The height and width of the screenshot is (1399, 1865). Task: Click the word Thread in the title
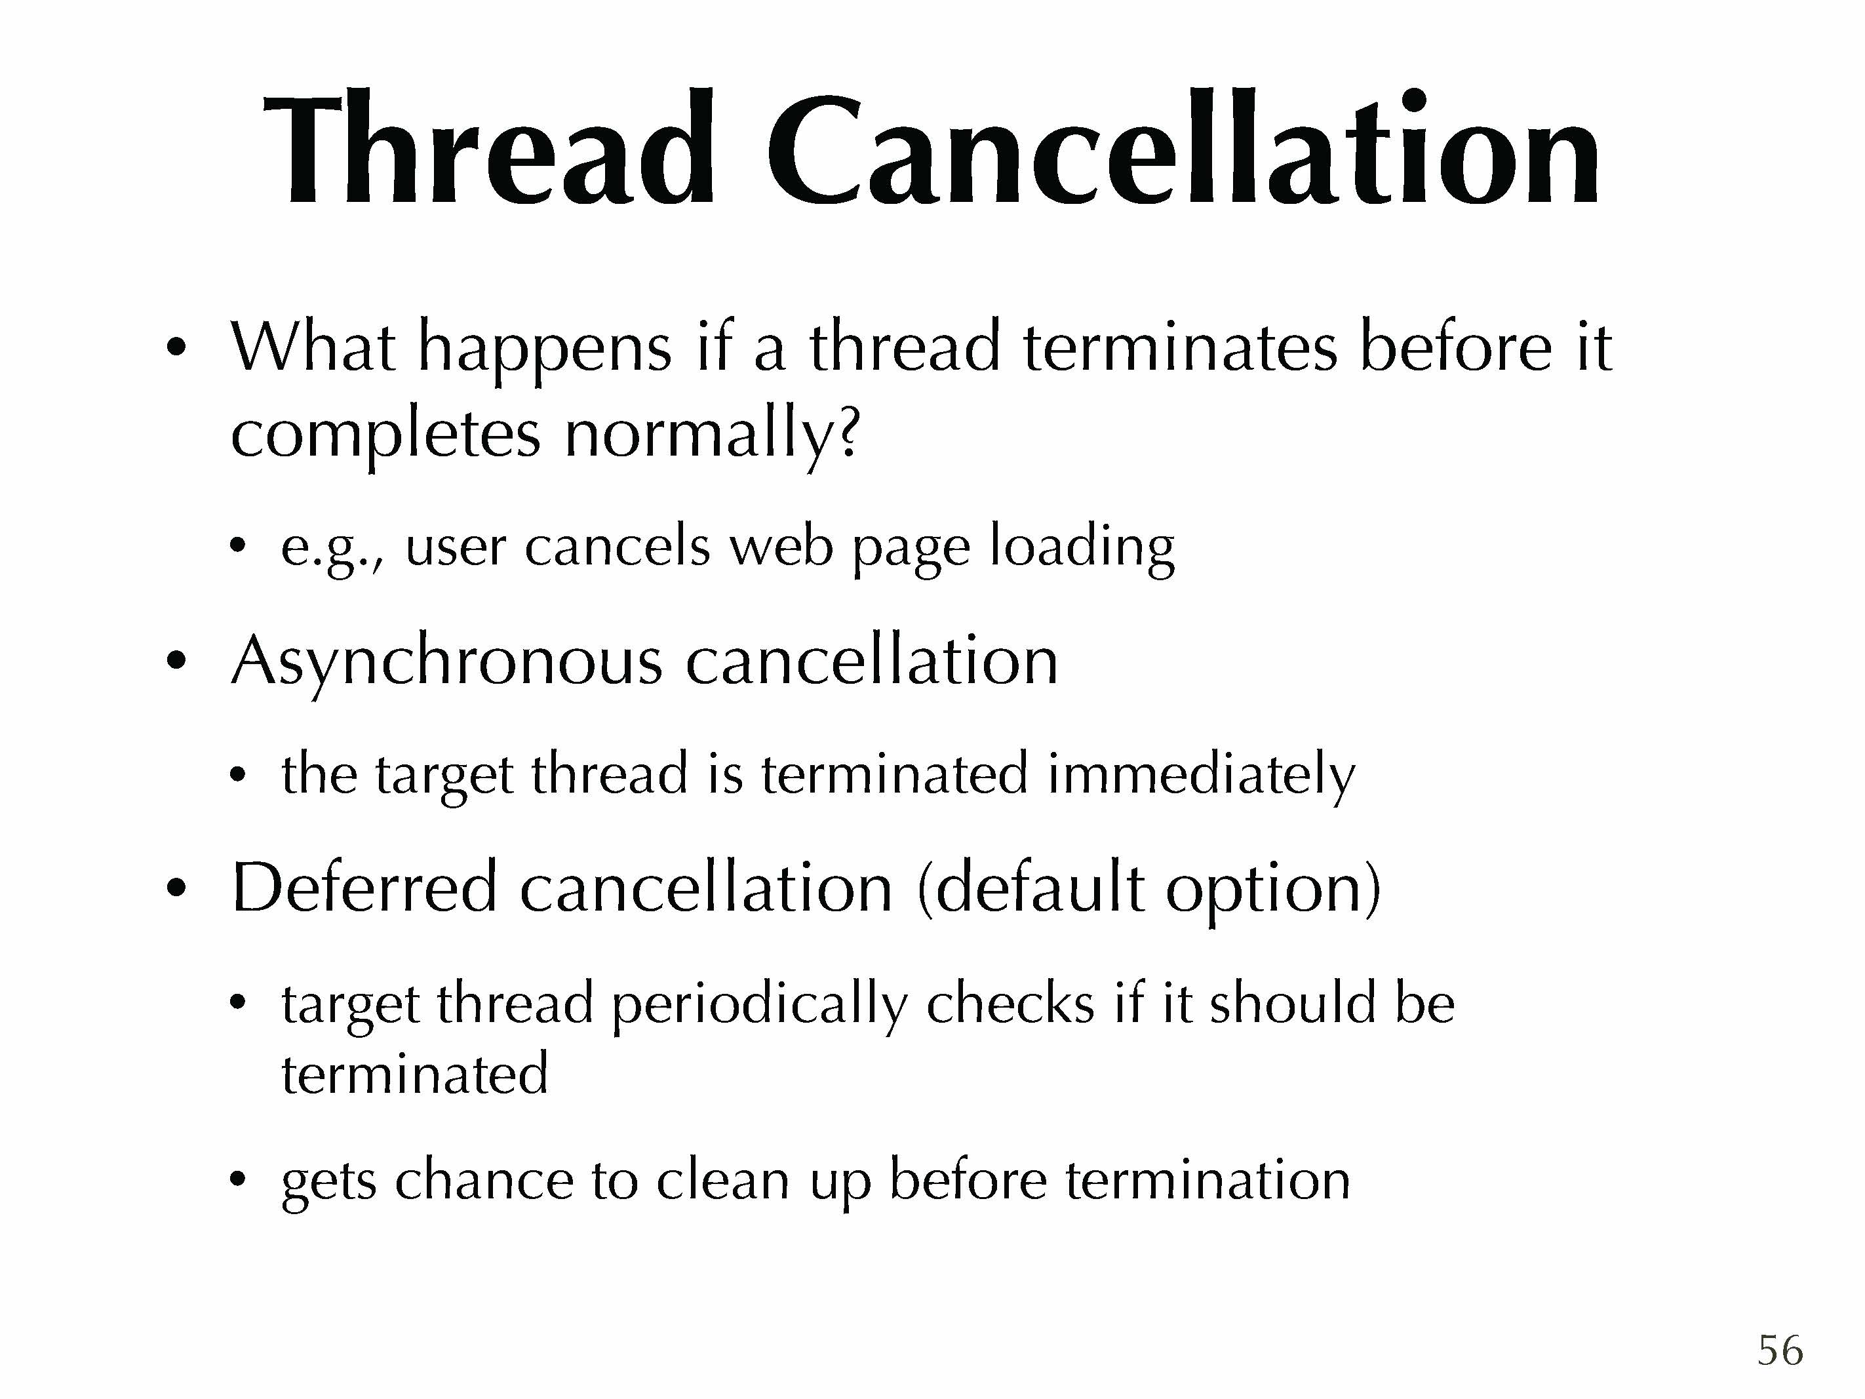click(x=490, y=148)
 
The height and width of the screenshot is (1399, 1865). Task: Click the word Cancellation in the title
click(x=1182, y=148)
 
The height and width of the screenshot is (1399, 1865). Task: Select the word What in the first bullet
click(x=313, y=347)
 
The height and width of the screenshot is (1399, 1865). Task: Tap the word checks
click(x=1010, y=1004)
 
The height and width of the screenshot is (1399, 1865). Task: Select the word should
click(x=1293, y=1004)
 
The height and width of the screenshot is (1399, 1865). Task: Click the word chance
click(x=485, y=1180)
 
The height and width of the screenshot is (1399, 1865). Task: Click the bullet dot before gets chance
click(x=239, y=1179)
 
